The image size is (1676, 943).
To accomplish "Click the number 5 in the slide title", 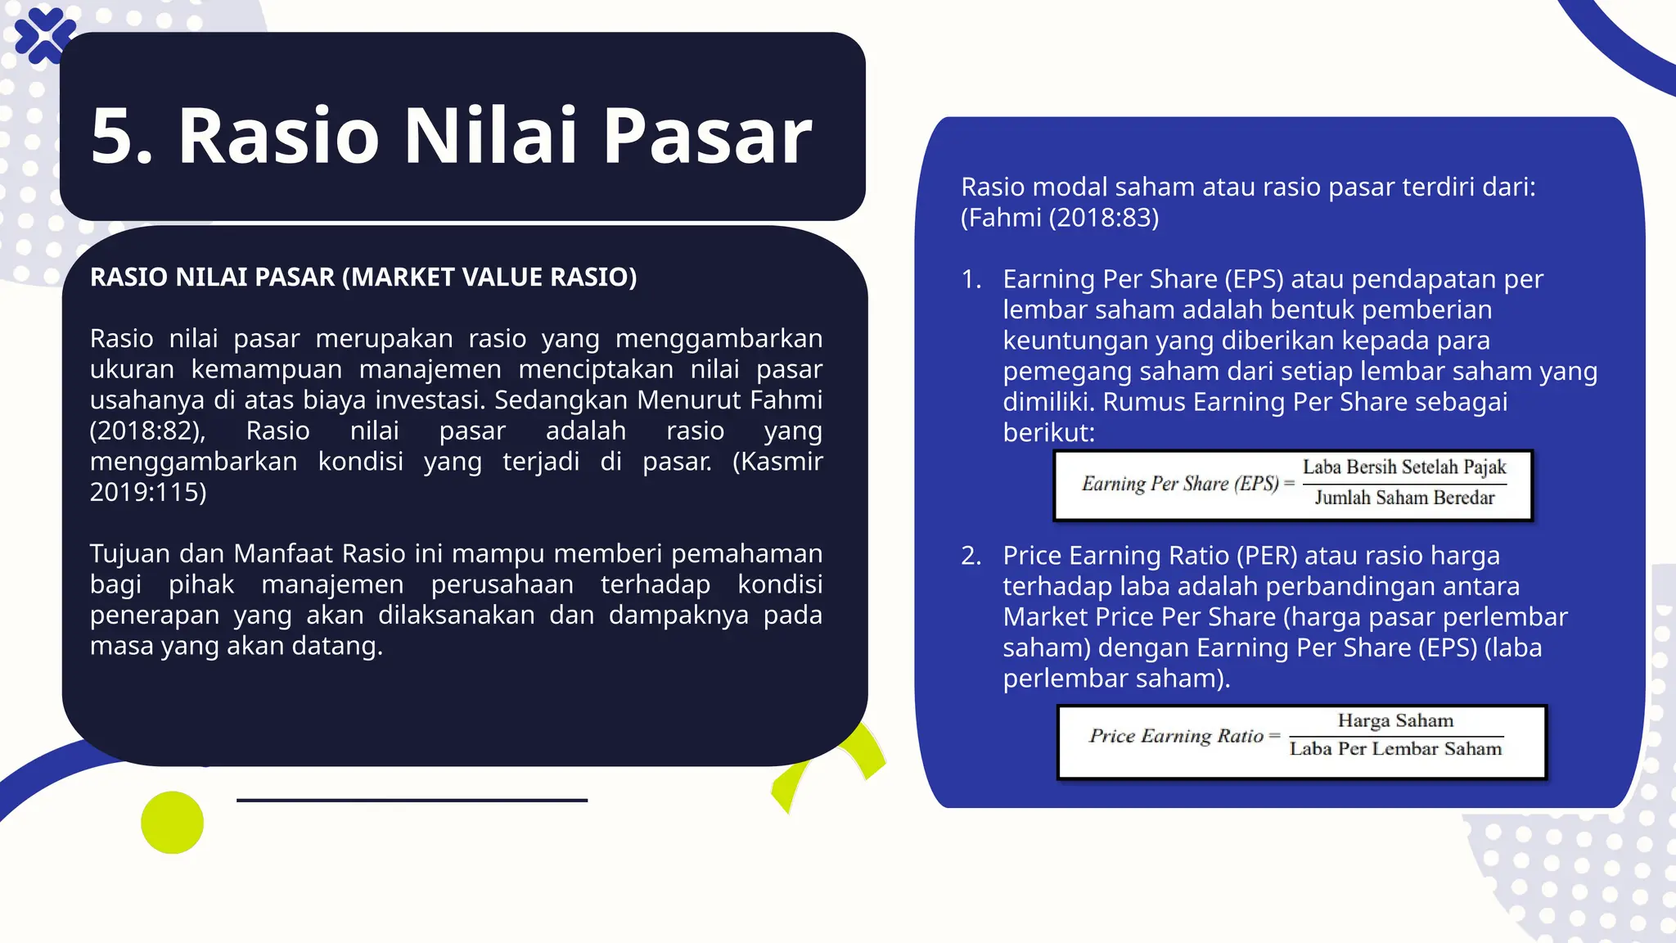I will pos(115,137).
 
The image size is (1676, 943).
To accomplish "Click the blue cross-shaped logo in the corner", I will pos(44,36).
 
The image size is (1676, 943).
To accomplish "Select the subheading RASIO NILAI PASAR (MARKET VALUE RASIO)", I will pos(363,277).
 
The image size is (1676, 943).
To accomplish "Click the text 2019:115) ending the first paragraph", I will pos(148,492).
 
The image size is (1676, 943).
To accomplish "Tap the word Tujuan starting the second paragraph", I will pos(131,554).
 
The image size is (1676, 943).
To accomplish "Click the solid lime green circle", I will pos(172,823).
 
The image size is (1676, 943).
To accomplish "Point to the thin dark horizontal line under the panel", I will pos(412,800).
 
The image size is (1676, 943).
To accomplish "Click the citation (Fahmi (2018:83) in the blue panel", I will pos(1060,219).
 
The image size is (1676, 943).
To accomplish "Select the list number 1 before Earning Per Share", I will pos(971,280).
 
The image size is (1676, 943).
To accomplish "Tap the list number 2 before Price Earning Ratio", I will pos(971,557).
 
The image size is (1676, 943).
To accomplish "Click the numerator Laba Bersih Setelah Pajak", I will pos(1404,467).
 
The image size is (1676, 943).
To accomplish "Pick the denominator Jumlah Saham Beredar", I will pos(1404,498).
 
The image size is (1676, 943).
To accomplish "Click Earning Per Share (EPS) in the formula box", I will pos(1180,484).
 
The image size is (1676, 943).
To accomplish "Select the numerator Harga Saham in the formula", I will pos(1395,721).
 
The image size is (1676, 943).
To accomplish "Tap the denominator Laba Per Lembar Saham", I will pos(1395,749).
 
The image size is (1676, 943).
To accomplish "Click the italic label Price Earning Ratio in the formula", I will pos(1176,736).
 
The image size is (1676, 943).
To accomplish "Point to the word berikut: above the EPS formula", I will pos(1048,433).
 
